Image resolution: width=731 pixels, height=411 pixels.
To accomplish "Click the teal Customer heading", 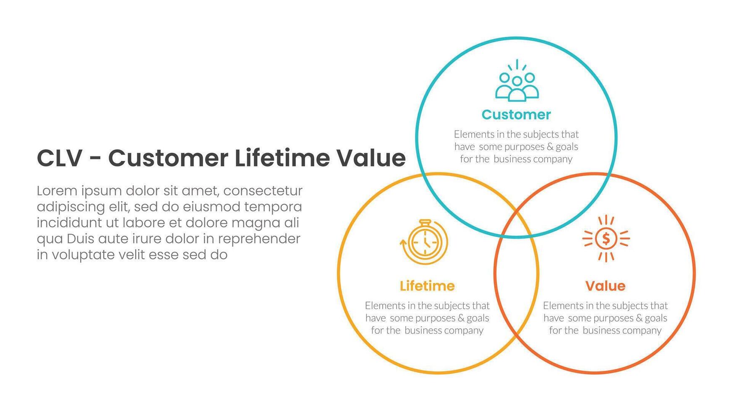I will click(x=516, y=114).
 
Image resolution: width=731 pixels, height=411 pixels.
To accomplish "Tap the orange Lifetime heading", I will click(x=427, y=286).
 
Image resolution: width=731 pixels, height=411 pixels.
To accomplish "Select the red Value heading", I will click(x=605, y=286).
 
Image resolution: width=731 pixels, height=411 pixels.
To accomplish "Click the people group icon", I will click(x=517, y=82).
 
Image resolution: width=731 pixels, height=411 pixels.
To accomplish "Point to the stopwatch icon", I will click(x=424, y=242).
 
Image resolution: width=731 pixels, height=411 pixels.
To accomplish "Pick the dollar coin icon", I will click(x=606, y=239).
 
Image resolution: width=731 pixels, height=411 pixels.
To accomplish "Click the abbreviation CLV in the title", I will click(x=59, y=159).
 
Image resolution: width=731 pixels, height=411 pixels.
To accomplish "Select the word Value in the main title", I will click(x=371, y=159).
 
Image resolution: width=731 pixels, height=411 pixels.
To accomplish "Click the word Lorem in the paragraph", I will click(x=57, y=191).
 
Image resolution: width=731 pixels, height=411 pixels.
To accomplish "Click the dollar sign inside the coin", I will click(x=606, y=239).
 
